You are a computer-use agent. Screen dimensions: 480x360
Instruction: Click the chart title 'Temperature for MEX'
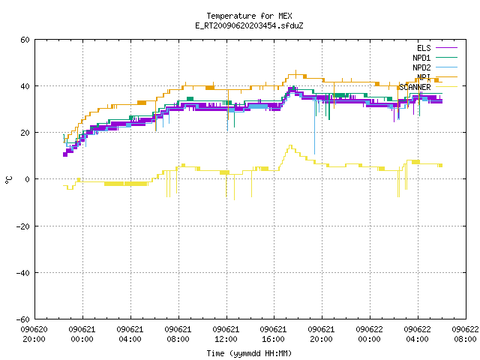click(249, 16)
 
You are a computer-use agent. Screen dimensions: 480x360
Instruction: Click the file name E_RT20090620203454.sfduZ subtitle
click(249, 25)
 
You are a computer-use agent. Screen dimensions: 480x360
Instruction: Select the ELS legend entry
click(437, 48)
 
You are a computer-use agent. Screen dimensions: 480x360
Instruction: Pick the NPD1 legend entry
click(435, 58)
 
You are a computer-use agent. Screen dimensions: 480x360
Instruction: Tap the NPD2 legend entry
click(435, 67)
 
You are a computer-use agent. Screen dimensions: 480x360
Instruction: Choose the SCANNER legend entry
click(428, 87)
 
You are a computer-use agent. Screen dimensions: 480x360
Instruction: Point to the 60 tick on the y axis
click(25, 40)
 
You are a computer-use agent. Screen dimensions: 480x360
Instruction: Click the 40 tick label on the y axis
click(25, 86)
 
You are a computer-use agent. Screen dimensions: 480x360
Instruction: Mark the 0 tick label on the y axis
click(27, 179)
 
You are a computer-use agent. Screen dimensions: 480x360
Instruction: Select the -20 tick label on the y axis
click(23, 226)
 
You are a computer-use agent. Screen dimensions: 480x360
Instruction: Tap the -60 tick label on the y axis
click(23, 319)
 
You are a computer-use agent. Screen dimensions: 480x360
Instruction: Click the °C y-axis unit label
click(8, 180)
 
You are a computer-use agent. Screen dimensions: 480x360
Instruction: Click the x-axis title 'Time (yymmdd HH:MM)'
click(249, 353)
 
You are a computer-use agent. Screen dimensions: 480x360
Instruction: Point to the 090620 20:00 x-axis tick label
click(34, 334)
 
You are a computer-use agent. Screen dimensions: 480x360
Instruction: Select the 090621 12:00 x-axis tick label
click(226, 334)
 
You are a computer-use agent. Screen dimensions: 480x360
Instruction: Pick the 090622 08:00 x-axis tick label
click(465, 334)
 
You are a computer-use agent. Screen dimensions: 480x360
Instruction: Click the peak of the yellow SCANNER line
click(290, 145)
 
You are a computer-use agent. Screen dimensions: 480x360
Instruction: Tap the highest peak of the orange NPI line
click(295, 70)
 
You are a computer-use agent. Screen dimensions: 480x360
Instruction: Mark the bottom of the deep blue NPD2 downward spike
click(314, 154)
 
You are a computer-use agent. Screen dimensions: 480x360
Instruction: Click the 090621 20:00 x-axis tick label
click(321, 334)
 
